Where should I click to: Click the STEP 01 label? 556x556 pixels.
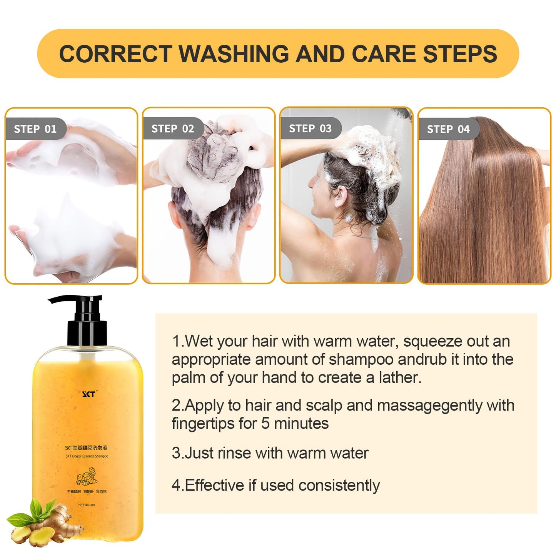point(35,129)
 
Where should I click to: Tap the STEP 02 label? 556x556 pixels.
point(172,129)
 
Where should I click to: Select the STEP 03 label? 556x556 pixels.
point(310,129)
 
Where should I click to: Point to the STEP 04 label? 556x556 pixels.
point(448,129)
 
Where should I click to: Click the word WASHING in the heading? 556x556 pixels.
point(234,54)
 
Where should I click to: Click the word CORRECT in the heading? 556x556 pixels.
point(115,54)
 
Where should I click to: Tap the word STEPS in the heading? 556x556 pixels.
point(460,54)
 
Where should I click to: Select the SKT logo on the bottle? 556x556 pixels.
point(89,394)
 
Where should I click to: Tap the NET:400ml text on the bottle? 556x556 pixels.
point(86,505)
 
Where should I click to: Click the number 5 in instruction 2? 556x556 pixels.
point(265,424)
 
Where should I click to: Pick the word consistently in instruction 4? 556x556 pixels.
point(339,486)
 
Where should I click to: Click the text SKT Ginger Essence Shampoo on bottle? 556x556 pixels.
point(87,456)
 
